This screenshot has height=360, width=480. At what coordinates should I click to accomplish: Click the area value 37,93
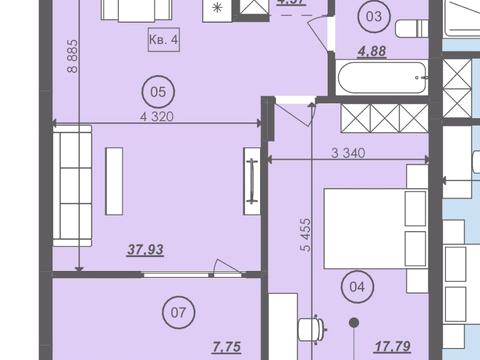(x=145, y=251)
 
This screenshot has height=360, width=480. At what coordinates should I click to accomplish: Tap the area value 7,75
(x=228, y=349)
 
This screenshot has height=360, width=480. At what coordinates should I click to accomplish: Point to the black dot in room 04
(x=354, y=322)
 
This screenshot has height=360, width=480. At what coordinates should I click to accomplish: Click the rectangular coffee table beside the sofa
(x=114, y=180)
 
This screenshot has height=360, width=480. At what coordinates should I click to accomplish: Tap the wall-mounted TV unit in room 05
(x=252, y=180)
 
